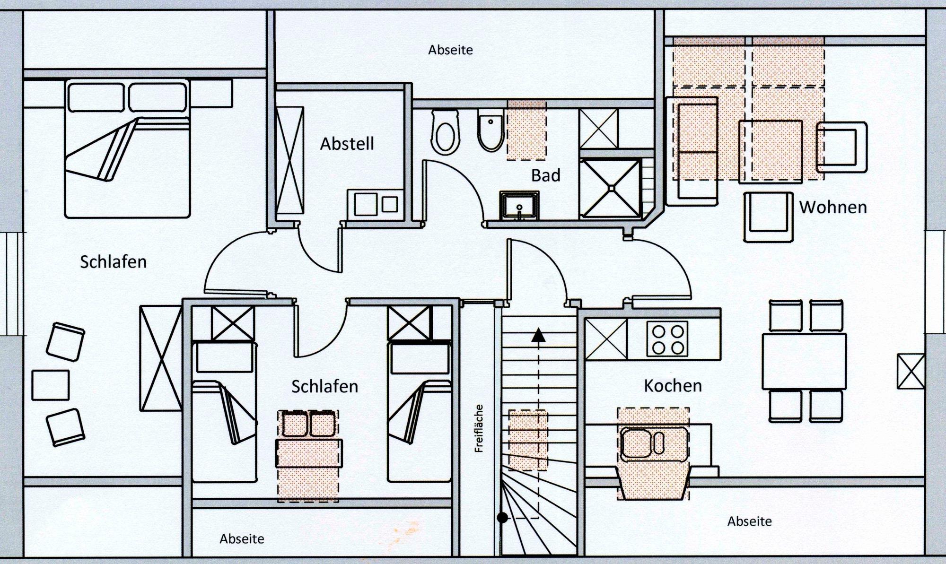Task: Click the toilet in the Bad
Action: tap(445, 132)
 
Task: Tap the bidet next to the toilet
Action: tap(491, 131)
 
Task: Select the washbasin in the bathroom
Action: tap(519, 205)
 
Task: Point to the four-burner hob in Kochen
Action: tap(667, 339)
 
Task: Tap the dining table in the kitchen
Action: tap(804, 361)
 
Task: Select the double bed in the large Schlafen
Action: tap(127, 148)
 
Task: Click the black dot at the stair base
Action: tap(502, 518)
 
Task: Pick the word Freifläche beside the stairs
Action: tap(479, 428)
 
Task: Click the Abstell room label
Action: tap(347, 144)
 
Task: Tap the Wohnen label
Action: tap(833, 207)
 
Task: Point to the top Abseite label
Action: tap(450, 50)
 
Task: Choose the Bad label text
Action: tap(546, 175)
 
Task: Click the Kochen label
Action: tap(673, 386)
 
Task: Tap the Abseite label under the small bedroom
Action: tap(242, 538)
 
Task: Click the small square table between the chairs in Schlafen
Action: tap(50, 385)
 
